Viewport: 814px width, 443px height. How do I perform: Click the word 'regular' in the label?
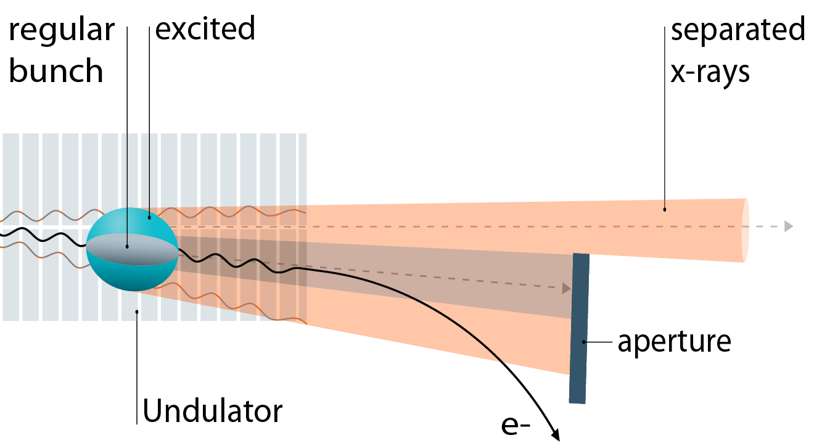pyautogui.click(x=62, y=31)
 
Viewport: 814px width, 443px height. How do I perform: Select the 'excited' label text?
pyautogui.click(x=205, y=28)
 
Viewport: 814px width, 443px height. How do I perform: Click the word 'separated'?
pyautogui.click(x=738, y=30)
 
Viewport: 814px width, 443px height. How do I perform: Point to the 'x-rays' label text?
pyautogui.click(x=710, y=71)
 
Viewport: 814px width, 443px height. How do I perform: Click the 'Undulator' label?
pyautogui.click(x=213, y=410)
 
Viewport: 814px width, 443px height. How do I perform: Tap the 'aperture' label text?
pyautogui.click(x=674, y=341)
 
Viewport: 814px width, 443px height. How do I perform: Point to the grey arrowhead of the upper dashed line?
pyautogui.click(x=788, y=226)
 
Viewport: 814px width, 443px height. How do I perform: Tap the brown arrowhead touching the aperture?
pyautogui.click(x=566, y=288)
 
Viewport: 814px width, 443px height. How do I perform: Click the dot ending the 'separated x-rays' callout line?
pyautogui.click(x=664, y=209)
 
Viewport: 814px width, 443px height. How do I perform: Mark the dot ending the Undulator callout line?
pyautogui.click(x=137, y=312)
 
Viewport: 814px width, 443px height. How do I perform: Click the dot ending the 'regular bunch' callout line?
pyautogui.click(x=127, y=246)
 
